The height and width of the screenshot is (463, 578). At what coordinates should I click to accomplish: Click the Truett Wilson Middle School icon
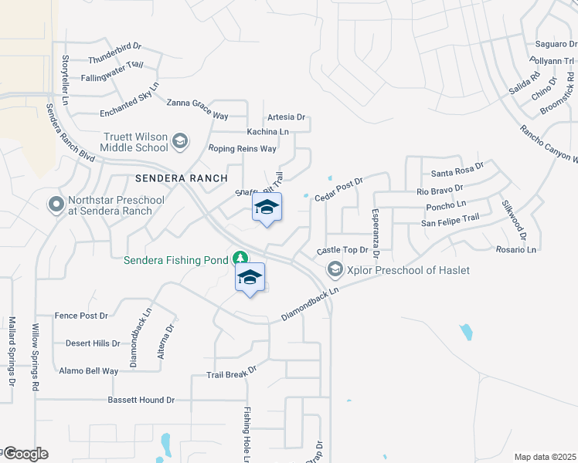179,140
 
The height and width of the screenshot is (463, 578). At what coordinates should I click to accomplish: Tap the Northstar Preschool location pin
56,205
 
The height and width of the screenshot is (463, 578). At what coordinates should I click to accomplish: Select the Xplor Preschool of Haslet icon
335,269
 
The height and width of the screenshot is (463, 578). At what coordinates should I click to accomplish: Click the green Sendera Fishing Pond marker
241,258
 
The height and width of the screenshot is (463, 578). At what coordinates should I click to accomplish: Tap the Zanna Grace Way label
197,109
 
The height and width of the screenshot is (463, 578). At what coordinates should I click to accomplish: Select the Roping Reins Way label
242,148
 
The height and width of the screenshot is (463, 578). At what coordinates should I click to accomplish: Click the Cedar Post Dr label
338,190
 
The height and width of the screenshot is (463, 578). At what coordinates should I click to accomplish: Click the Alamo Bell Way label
89,371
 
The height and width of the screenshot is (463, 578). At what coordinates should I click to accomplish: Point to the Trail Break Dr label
230,373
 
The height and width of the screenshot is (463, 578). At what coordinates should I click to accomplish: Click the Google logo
25,454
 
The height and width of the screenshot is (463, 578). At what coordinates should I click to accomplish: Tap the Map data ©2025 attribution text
546,457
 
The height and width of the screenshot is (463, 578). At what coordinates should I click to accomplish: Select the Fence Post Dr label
81,316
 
